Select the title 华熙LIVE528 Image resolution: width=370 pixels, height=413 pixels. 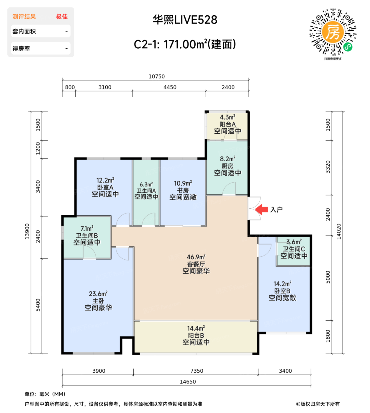click(x=185, y=20)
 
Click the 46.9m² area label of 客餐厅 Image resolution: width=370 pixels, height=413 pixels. click(x=196, y=257)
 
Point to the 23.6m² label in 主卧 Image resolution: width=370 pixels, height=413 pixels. click(x=98, y=294)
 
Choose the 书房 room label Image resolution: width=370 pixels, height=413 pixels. click(x=183, y=190)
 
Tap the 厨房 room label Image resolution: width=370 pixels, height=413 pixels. click(x=227, y=166)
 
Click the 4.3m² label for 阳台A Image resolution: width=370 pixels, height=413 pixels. click(x=227, y=117)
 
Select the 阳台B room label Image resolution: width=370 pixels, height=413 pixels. click(x=196, y=335)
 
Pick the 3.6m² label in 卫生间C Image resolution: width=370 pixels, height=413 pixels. click(x=294, y=242)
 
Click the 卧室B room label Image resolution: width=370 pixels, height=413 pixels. click(x=282, y=291)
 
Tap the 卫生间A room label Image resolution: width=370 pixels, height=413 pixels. click(x=146, y=191)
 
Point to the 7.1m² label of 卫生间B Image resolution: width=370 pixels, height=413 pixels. click(x=87, y=229)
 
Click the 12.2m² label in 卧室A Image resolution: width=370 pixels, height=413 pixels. click(x=105, y=180)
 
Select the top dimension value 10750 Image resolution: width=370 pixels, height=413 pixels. click(x=157, y=76)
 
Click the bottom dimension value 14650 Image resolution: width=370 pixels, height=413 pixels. click(x=188, y=382)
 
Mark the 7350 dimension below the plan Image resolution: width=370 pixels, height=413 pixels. click(x=197, y=371)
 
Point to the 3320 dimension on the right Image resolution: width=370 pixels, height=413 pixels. click(x=328, y=167)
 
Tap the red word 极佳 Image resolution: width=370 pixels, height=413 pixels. click(x=62, y=17)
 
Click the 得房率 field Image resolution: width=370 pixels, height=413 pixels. click(x=40, y=48)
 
